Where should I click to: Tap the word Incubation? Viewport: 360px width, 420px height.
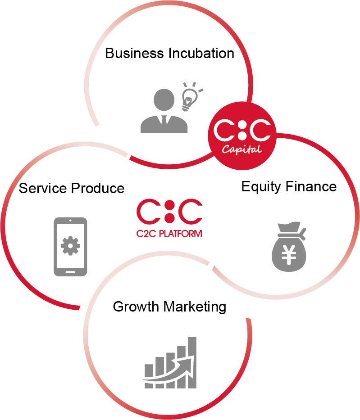click(201, 53)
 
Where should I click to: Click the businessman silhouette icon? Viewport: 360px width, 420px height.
click(163, 111)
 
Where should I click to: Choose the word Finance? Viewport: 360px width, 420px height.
click(312, 186)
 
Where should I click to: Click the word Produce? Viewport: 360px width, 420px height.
click(98, 188)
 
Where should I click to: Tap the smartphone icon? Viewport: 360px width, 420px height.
click(70, 247)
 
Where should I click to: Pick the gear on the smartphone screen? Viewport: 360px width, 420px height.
click(70, 245)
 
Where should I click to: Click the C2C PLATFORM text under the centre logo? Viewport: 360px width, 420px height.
click(169, 234)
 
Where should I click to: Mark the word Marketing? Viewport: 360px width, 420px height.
click(195, 307)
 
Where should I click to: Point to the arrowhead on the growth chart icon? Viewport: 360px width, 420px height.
click(190, 354)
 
